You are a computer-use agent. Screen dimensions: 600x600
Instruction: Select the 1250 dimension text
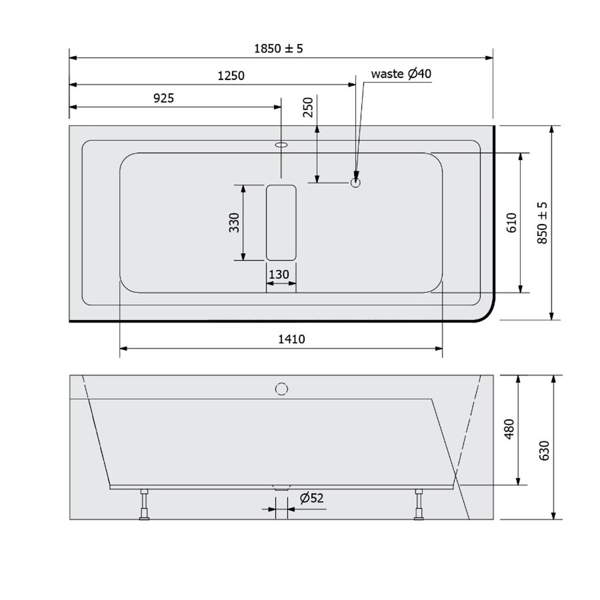231,75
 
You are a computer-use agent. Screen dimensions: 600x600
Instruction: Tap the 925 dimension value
163,98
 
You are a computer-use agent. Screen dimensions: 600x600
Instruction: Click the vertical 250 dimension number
307,107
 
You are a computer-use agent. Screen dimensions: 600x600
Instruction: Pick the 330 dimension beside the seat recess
234,222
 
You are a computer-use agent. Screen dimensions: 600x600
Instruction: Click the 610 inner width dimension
511,223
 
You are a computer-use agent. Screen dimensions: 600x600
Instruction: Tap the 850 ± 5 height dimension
541,223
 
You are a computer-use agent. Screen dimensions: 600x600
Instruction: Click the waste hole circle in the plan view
356,181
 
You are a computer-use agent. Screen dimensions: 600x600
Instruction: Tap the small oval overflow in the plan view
281,144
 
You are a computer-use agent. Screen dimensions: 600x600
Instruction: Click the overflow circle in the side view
281,387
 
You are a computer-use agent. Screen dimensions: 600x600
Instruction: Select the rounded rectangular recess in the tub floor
281,222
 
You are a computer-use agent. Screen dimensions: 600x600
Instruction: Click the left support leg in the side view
143,504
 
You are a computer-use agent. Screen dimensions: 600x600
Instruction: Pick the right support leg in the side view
419,504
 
